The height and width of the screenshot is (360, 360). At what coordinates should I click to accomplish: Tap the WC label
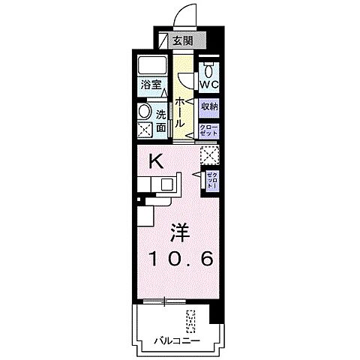[208, 85]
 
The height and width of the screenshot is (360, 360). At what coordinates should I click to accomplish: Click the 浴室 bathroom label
[150, 85]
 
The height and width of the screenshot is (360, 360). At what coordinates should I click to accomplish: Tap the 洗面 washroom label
[162, 120]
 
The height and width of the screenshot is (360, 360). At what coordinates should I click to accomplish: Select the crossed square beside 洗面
[145, 130]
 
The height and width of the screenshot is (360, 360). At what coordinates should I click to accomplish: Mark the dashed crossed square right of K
[209, 155]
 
